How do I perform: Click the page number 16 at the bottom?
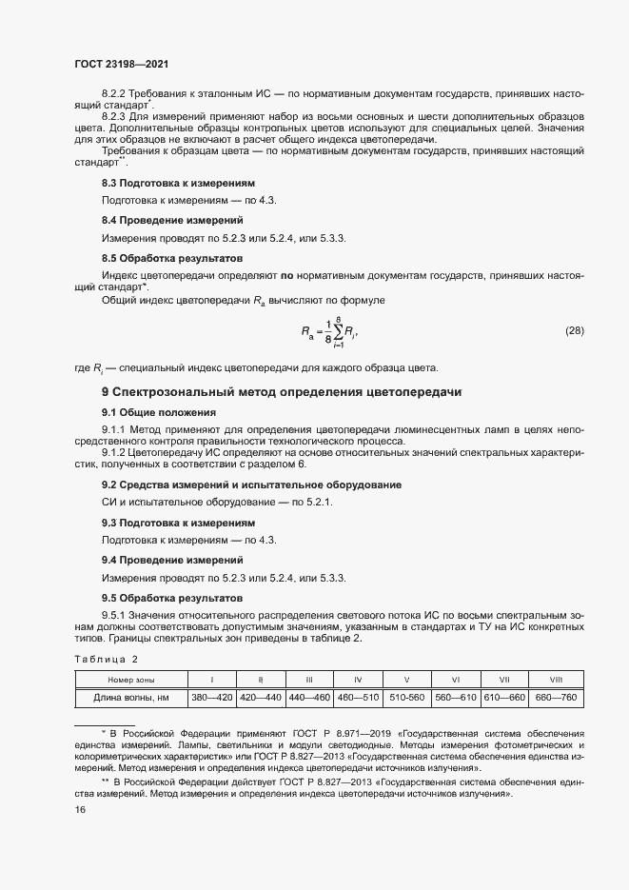(x=79, y=809)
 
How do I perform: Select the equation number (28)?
(x=574, y=331)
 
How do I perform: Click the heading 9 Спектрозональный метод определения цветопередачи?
(x=263, y=392)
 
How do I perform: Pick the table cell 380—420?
(x=212, y=697)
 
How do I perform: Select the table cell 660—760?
(x=557, y=697)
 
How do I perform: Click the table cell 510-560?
(x=406, y=697)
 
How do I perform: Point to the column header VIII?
(x=557, y=680)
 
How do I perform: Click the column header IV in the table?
(x=358, y=680)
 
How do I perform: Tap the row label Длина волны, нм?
(x=130, y=697)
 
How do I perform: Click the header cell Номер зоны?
(x=130, y=680)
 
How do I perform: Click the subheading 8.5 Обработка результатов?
(x=172, y=258)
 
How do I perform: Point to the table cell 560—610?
(x=455, y=697)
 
